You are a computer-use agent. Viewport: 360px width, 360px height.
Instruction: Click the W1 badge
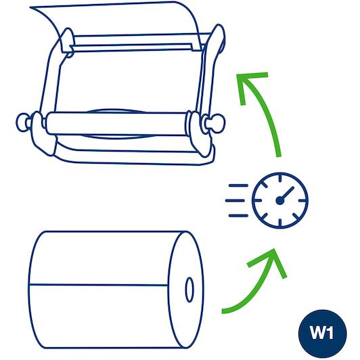point(322,334)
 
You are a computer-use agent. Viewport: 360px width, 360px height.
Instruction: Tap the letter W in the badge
point(317,332)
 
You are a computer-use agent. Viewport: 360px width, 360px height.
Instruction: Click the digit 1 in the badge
point(330,332)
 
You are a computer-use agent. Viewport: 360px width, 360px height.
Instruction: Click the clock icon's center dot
point(280,201)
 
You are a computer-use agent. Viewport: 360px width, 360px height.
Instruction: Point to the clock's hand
point(286,194)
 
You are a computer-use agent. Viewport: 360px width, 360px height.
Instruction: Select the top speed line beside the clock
point(238,185)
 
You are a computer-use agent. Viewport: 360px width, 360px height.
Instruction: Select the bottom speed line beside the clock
point(238,216)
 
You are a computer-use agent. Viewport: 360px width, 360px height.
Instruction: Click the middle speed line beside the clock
point(235,200)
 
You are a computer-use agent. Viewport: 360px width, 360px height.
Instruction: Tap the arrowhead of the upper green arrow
point(249,85)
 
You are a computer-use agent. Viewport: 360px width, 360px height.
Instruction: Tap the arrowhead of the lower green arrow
point(271,261)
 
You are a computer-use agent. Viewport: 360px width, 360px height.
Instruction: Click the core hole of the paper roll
point(189,290)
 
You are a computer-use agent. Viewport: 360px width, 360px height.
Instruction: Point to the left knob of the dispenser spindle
point(22,122)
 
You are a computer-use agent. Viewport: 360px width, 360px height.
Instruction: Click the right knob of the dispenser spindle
point(217,123)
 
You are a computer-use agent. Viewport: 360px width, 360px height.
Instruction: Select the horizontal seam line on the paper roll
point(99,285)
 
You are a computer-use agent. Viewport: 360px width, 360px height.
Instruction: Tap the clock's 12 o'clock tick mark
point(280,178)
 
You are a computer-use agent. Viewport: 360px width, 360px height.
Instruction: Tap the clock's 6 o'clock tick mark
point(280,223)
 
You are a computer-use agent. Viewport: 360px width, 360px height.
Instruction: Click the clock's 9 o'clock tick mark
point(257,201)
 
